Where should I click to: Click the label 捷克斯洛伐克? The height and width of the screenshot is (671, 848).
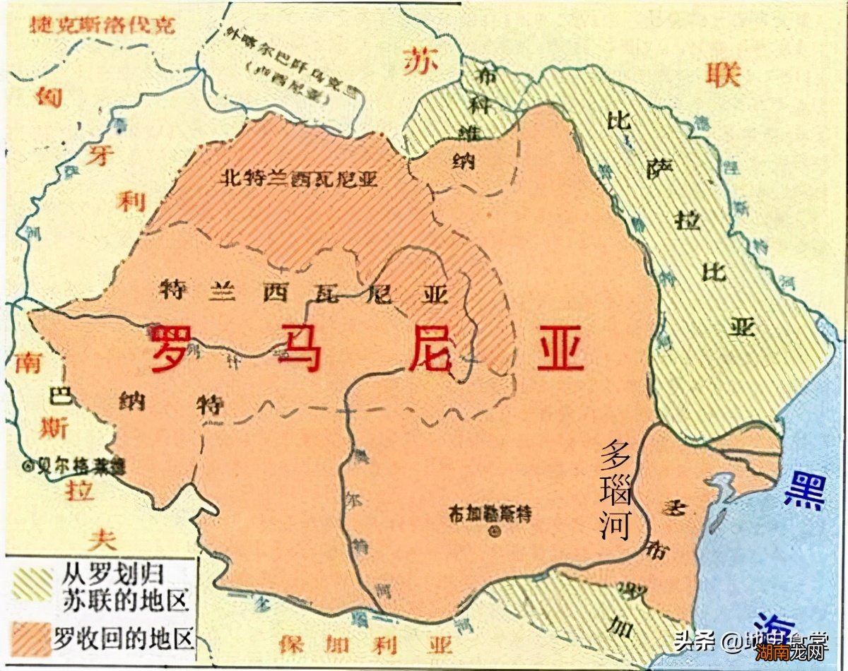(x=102, y=27)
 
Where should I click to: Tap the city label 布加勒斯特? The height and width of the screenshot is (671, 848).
(x=489, y=514)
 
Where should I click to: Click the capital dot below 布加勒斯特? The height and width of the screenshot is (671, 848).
(x=493, y=533)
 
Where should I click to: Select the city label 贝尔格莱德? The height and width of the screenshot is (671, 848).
(x=73, y=466)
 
